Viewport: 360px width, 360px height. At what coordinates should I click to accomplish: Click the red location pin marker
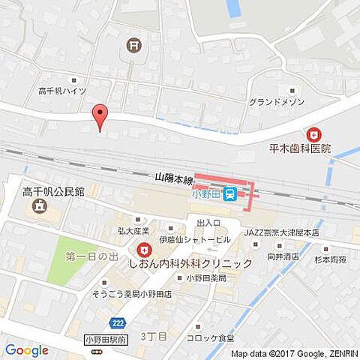99,117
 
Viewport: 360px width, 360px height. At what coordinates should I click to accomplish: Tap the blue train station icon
232,194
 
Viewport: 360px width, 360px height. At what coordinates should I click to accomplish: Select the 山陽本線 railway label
174,179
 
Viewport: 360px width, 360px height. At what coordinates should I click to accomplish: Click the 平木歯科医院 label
300,148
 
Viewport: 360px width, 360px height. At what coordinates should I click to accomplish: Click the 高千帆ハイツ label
62,91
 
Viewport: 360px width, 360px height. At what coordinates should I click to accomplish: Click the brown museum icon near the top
133,46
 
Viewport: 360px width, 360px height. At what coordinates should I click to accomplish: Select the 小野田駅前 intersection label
106,338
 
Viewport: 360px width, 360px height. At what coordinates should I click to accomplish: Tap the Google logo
26,349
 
